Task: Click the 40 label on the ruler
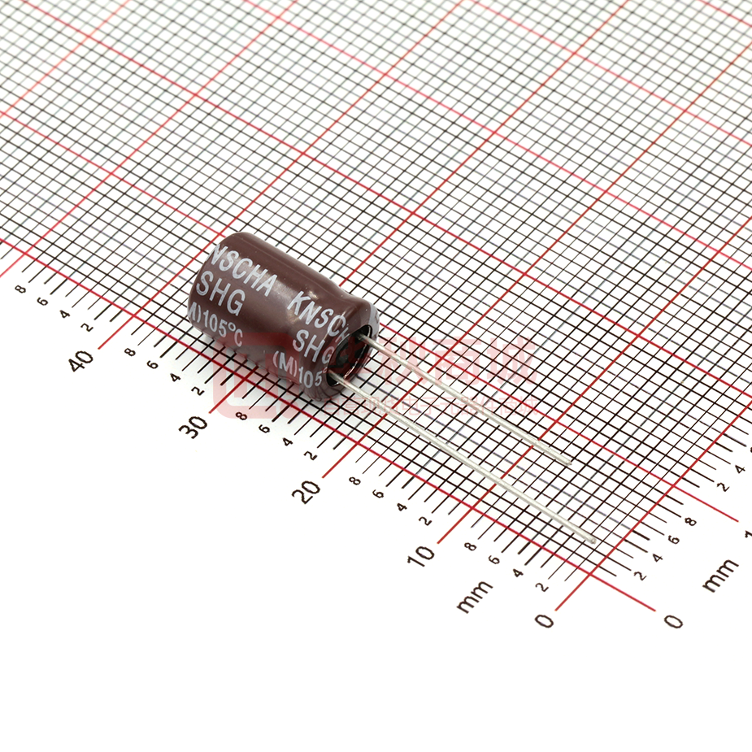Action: point(81,359)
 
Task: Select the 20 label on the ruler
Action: point(309,490)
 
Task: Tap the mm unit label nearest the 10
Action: point(475,596)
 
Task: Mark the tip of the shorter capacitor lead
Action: point(569,461)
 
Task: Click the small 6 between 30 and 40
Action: point(151,364)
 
